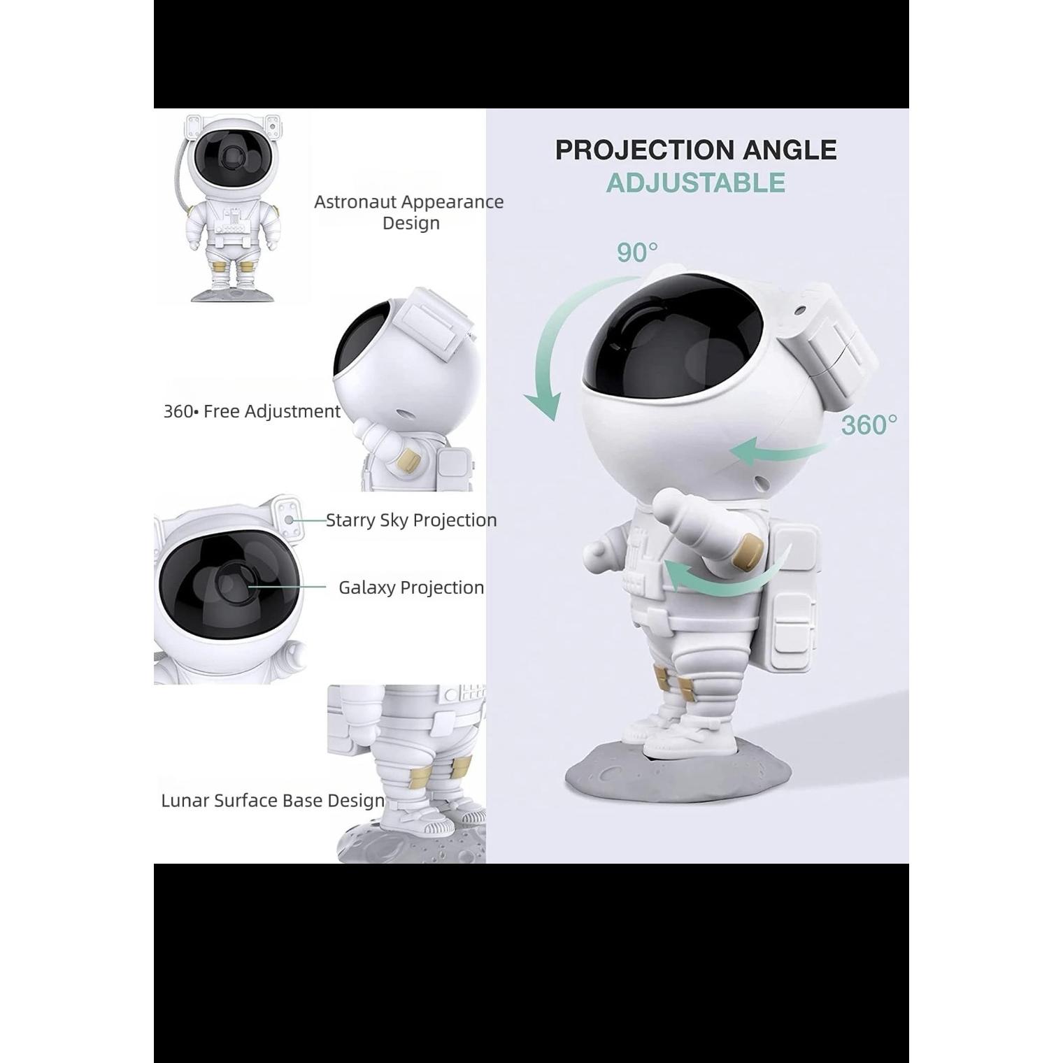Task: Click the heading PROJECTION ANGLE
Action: coord(696,150)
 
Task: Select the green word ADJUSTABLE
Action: coord(696,183)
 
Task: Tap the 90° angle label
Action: coord(637,252)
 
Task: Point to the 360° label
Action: coord(869,425)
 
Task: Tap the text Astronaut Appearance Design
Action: coord(409,212)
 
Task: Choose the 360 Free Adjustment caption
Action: coord(252,411)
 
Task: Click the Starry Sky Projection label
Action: coord(411,520)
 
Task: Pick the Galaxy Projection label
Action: coord(411,587)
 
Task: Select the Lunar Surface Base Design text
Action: coord(273,801)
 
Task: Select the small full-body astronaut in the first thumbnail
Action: coord(230,208)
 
